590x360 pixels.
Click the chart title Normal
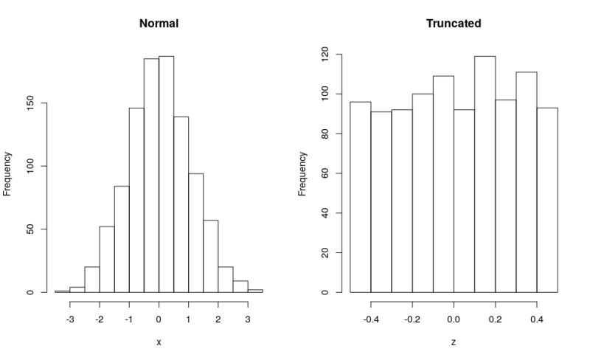tap(159, 24)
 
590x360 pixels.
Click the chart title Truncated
tap(454, 24)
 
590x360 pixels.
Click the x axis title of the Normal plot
tap(159, 342)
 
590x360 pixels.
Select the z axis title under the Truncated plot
tap(454, 342)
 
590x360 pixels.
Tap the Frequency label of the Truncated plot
tap(302, 174)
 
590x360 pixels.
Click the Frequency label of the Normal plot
tap(7, 174)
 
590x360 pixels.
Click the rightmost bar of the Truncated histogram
tap(547, 200)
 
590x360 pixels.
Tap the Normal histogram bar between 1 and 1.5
tap(195, 233)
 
